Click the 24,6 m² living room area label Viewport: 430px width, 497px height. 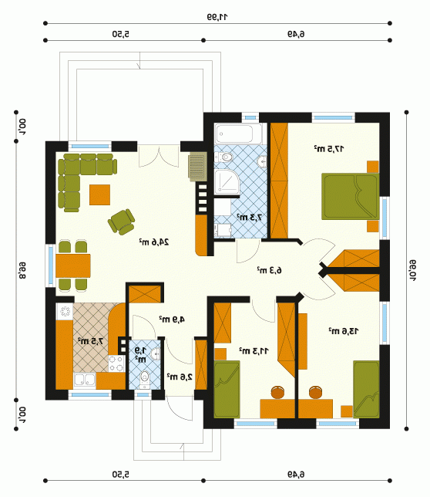pyautogui.click(x=154, y=242)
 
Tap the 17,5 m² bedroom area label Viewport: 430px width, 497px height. pyautogui.click(x=329, y=148)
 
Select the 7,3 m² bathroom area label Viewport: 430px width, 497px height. pyautogui.click(x=250, y=217)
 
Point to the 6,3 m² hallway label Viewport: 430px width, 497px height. pyautogui.click(x=269, y=270)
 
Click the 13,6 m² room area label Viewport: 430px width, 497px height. pyautogui.click(x=343, y=331)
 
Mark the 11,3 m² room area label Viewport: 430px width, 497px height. pyautogui.click(x=254, y=351)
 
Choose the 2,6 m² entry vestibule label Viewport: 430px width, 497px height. pyautogui.click(x=180, y=377)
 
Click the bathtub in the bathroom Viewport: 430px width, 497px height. pyautogui.click(x=239, y=134)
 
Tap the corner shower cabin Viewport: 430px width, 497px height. pyautogui.click(x=227, y=182)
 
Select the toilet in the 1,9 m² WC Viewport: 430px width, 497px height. pyautogui.click(x=145, y=378)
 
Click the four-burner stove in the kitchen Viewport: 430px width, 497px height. pyautogui.click(x=116, y=363)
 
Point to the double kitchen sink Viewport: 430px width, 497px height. pyautogui.click(x=85, y=380)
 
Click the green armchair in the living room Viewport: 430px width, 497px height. pyautogui.click(x=121, y=222)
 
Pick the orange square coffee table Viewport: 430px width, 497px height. pyautogui.click(x=99, y=195)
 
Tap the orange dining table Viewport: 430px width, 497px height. pyautogui.click(x=73, y=265)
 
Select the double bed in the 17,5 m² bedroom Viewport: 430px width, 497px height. pyautogui.click(x=351, y=196)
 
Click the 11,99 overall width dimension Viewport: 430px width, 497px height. pyautogui.click(x=217, y=17)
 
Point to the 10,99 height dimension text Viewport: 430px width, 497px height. pyautogui.click(x=413, y=270)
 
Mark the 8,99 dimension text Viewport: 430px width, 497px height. pyautogui.click(x=22, y=270)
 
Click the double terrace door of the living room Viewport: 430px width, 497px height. pyautogui.click(x=159, y=156)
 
